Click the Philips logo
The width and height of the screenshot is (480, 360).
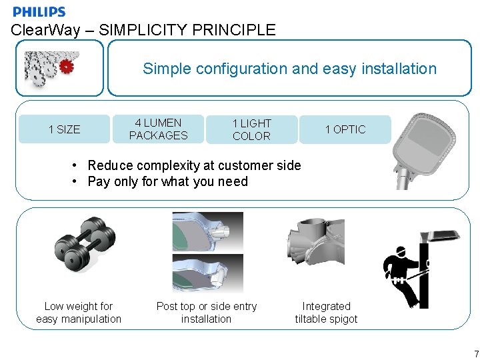(39, 11)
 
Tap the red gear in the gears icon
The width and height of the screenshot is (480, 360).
(66, 66)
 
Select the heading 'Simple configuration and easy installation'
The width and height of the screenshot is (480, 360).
(289, 69)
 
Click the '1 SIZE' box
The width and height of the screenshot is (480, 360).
(64, 129)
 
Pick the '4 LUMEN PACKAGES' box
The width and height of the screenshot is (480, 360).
(158, 129)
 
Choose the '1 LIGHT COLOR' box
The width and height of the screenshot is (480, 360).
(251, 129)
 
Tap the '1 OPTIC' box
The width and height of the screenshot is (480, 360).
(345, 129)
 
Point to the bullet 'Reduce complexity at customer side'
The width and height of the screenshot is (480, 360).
(194, 165)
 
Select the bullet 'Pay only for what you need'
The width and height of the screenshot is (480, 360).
(167, 181)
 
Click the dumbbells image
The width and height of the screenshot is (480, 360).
(84, 243)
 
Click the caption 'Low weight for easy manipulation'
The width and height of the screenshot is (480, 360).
(79, 313)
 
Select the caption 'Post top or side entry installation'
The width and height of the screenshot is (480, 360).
(206, 313)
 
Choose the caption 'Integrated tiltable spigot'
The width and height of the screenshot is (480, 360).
(326, 313)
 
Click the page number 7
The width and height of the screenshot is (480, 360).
(475, 353)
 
